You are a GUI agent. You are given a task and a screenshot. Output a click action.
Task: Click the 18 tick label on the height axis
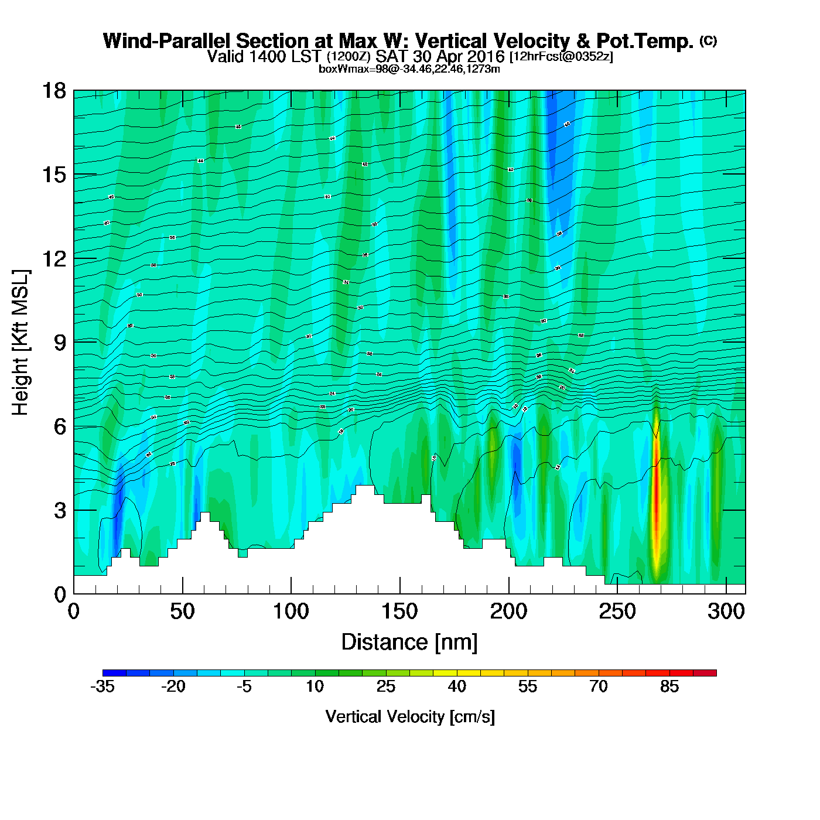coord(53,91)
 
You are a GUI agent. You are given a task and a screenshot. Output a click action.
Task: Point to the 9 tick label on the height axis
coord(60,343)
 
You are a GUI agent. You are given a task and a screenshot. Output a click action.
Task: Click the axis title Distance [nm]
coord(409,643)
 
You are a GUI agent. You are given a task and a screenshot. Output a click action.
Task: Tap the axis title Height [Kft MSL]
coord(20,343)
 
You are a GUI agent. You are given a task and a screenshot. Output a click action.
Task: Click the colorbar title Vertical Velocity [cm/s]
coord(410,716)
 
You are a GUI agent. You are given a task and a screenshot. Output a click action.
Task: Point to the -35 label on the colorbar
coord(102,686)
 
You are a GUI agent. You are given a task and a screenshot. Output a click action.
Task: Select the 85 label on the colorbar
coord(669,686)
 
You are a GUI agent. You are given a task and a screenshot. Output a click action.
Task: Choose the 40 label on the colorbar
coord(457,686)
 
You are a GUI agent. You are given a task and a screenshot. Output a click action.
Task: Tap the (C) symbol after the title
coord(708,40)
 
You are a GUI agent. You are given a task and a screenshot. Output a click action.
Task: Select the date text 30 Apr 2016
coord(459,57)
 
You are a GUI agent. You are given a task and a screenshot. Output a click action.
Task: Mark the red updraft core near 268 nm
coord(657,498)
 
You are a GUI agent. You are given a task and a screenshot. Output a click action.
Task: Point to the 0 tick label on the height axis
coord(60,594)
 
